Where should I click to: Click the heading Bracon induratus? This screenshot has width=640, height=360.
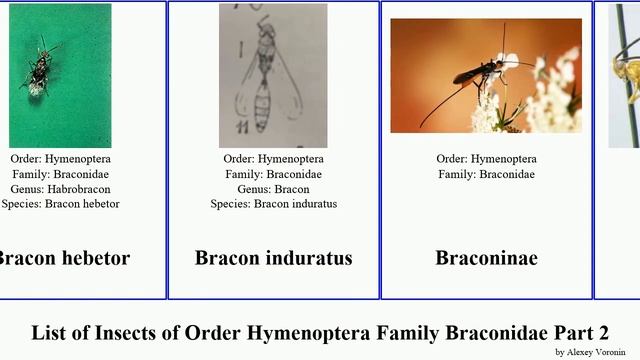point(273,258)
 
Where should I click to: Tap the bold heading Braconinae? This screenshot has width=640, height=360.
point(486,258)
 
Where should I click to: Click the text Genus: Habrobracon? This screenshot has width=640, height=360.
point(60,189)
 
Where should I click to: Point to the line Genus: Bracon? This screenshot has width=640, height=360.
point(273,189)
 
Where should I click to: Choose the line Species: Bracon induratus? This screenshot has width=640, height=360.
point(273,204)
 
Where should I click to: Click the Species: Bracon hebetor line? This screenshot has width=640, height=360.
point(60,204)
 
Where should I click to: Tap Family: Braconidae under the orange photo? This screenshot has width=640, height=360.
point(486,174)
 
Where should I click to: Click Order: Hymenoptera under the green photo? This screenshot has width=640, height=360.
point(60,159)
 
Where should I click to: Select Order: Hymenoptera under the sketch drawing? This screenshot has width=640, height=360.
point(273,159)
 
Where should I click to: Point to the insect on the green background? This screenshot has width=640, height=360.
point(40,68)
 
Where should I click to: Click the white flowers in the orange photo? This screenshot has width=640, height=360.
point(545,95)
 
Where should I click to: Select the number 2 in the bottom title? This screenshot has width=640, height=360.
point(602,333)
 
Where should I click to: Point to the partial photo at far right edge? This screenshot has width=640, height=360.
point(624,75)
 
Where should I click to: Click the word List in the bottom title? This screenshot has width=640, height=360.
point(49,333)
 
